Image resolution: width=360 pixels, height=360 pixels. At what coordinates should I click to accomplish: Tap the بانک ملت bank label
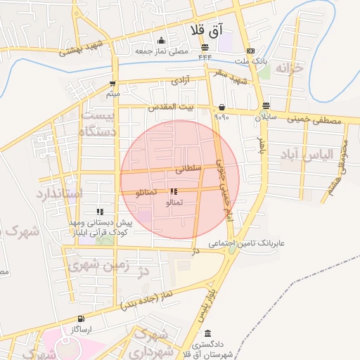pyautogui.click(x=250, y=61)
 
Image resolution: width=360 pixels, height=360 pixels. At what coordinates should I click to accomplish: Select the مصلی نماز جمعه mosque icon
pyautogui.click(x=162, y=40)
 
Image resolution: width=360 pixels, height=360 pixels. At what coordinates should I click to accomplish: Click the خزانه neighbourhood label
pyautogui.click(x=292, y=69)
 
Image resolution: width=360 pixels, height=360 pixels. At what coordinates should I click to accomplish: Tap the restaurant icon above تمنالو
pyautogui.click(x=174, y=191)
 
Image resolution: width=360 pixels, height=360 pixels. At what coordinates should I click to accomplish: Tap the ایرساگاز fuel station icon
pyautogui.click(x=81, y=319)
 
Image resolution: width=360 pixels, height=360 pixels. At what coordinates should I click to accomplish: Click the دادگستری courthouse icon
pyautogui.click(x=207, y=334)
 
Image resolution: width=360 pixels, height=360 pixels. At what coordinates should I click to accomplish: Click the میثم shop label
pyautogui.click(x=112, y=94)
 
